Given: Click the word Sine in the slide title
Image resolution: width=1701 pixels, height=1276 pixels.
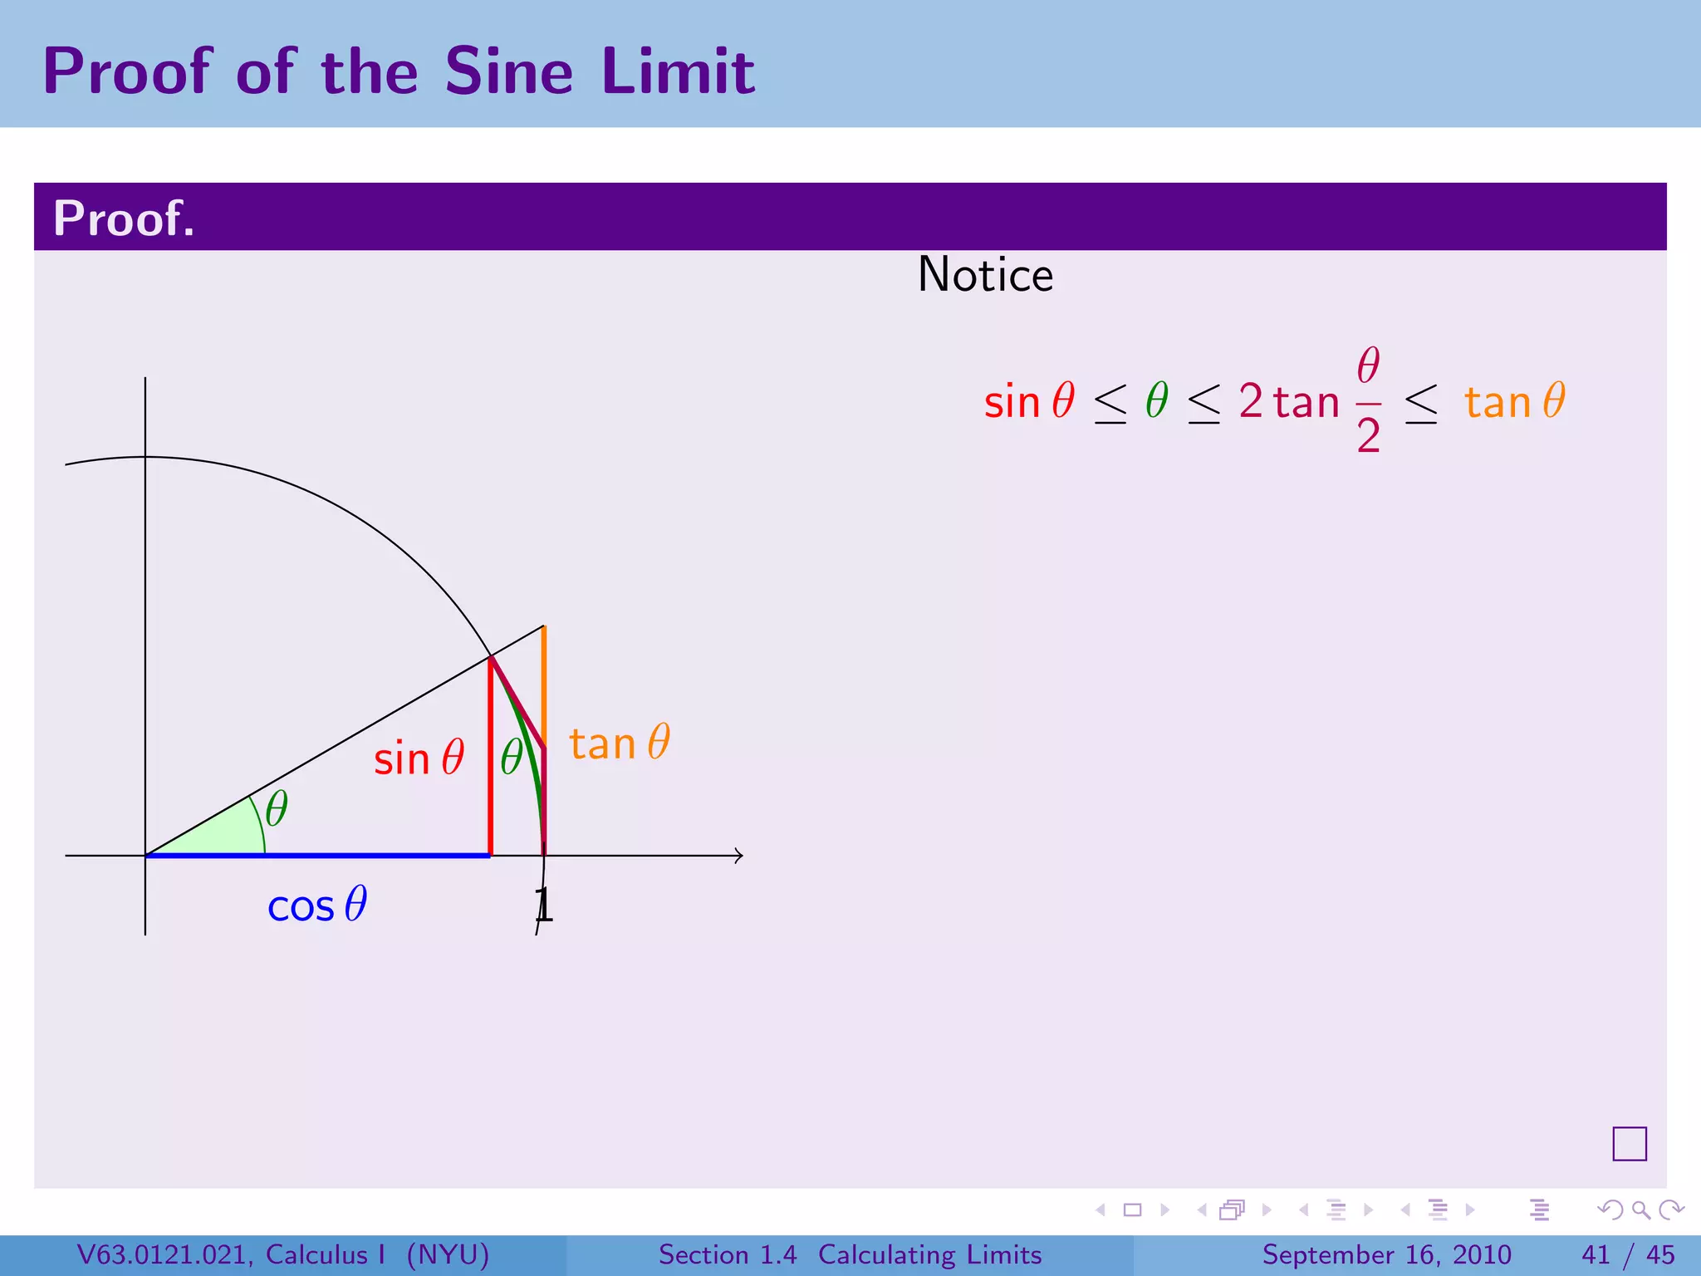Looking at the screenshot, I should (508, 71).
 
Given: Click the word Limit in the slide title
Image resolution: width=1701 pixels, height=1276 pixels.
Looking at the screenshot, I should (678, 71).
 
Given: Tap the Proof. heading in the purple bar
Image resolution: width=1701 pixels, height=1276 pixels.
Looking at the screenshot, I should (124, 218).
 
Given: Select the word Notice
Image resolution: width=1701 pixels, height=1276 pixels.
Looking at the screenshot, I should (985, 275).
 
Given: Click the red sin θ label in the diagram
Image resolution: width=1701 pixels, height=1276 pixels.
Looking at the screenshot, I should (418, 758).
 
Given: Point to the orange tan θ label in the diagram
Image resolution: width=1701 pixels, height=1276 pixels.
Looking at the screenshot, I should (619, 743).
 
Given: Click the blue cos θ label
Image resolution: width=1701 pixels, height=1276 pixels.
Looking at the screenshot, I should (316, 905).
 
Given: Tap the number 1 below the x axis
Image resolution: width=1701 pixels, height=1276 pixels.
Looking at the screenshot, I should (543, 905).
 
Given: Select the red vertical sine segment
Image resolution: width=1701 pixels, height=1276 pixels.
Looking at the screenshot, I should (491, 764).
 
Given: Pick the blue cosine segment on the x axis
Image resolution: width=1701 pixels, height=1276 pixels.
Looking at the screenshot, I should (316, 855).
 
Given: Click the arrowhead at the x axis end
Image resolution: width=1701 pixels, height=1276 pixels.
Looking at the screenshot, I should (739, 856).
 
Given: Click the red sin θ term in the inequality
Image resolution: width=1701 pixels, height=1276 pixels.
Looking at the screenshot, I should (1029, 401).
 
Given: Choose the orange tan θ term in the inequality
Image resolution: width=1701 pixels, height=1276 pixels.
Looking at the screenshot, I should (1514, 401).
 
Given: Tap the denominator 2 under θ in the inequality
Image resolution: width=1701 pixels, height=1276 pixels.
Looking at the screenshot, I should (1368, 435).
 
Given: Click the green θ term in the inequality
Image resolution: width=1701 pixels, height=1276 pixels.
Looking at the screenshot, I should (1157, 401).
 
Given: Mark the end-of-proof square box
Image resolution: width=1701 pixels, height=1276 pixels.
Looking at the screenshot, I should (1629, 1144).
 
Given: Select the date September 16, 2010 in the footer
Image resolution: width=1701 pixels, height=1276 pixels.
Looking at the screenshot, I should (1386, 1254).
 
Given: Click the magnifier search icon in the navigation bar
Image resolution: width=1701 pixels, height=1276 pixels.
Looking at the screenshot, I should (1640, 1210).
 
